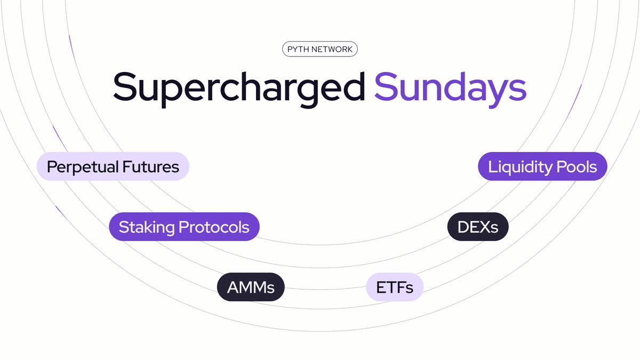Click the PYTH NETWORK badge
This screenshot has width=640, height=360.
[x=320, y=50]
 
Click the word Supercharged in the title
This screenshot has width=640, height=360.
[x=238, y=86]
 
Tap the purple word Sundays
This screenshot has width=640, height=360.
[x=450, y=86]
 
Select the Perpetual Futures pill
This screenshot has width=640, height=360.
[x=113, y=166]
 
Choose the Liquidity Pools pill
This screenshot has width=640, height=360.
[x=542, y=166]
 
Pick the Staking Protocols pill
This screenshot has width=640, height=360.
[x=184, y=227]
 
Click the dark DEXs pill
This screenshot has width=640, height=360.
[x=478, y=227]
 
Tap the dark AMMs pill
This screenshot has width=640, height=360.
[x=251, y=287]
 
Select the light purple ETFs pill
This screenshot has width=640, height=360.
[x=395, y=287]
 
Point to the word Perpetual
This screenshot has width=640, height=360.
[x=81, y=166]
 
